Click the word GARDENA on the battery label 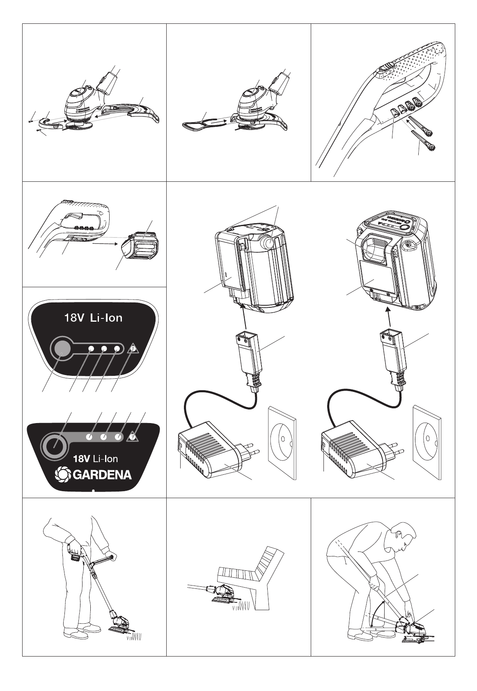(x=102, y=475)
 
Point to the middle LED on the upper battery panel (x=104, y=349)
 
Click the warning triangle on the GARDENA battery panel (x=132, y=437)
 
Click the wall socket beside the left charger (x=282, y=442)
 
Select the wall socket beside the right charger (x=427, y=442)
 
